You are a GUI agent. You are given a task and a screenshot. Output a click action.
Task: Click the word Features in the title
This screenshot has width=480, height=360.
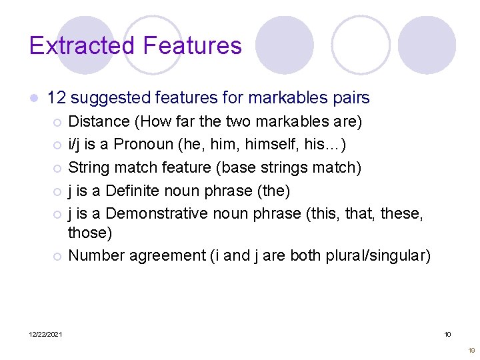(192, 45)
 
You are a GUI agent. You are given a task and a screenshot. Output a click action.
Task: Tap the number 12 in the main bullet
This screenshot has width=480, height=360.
(56, 98)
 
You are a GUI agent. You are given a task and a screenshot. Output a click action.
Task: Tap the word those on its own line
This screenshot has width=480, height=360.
(90, 233)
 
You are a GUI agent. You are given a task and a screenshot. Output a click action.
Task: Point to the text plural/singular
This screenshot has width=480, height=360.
(375, 255)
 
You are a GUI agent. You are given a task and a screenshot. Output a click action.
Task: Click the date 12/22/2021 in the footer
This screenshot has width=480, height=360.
(46, 334)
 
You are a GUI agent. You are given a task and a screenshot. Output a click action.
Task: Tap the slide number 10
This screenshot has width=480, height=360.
(448, 334)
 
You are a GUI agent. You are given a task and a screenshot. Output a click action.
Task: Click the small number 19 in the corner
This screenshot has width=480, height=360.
(471, 350)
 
